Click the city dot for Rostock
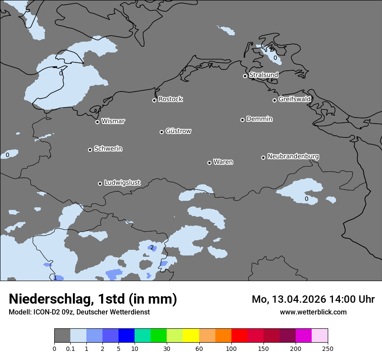point(154,100)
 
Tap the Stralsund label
point(263,75)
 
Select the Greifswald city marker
point(274,100)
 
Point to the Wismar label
point(113,121)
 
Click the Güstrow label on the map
point(178,131)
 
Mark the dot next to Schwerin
point(90,150)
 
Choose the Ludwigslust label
point(122,183)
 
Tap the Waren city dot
point(209,163)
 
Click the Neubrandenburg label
point(293,156)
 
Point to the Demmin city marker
point(242,120)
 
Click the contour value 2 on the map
point(152,248)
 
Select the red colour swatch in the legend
point(239,336)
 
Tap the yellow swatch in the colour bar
point(191,336)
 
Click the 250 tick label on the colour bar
point(328,348)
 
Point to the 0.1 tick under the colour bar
point(70,348)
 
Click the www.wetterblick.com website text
point(313,312)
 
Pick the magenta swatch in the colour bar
point(303,336)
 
